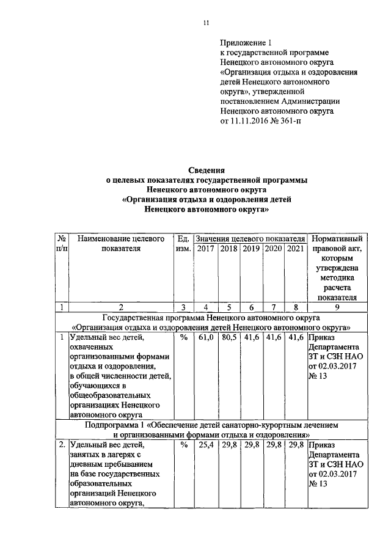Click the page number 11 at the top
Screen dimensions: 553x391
pos(206,23)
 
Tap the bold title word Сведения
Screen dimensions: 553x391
pos(206,170)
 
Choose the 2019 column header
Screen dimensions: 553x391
pos(250,249)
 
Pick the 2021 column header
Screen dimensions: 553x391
pos(295,249)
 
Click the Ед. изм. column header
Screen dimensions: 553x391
pos(183,243)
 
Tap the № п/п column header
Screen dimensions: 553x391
pos(62,243)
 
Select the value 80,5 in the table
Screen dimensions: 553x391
pos(228,336)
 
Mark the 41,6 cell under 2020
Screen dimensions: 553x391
pos(272,336)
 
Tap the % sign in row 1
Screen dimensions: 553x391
pos(183,336)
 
